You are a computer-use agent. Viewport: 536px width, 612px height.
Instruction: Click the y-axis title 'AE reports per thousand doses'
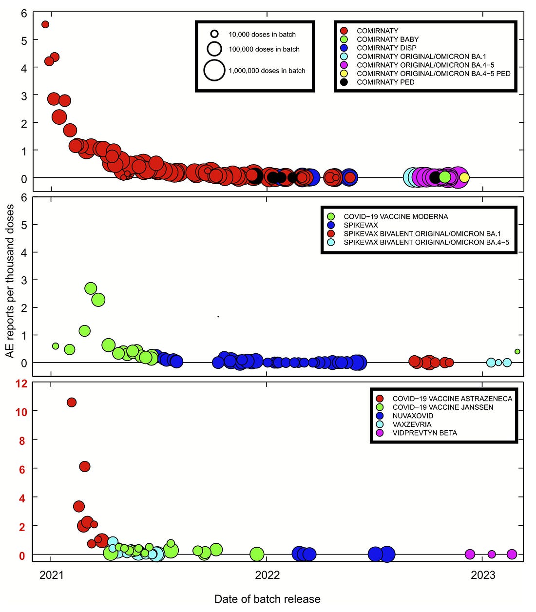(x=10, y=281)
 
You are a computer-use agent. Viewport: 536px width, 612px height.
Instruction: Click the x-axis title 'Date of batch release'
(x=267, y=599)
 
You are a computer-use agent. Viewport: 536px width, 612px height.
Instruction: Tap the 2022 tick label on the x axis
(x=267, y=575)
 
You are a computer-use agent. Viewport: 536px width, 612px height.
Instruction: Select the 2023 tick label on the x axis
(x=483, y=575)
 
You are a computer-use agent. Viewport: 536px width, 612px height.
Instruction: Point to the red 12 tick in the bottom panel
(x=21, y=383)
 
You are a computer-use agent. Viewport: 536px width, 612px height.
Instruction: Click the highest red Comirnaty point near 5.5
(x=45, y=24)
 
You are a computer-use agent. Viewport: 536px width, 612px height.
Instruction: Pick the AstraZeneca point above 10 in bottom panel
(x=72, y=402)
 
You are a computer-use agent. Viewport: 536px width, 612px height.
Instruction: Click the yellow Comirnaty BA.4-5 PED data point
(x=464, y=177)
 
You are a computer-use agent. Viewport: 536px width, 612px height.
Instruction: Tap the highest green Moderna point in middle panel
(x=91, y=288)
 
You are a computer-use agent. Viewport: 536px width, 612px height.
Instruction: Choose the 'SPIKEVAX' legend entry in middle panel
(x=361, y=225)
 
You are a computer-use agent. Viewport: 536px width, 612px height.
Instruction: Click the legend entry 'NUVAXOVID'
(x=412, y=416)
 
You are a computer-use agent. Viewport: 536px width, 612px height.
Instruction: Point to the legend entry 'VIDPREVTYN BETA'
(x=424, y=433)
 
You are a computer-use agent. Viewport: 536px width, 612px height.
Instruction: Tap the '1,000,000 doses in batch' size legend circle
(x=214, y=70)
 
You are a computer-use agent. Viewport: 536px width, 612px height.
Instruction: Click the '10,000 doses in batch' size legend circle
(x=214, y=34)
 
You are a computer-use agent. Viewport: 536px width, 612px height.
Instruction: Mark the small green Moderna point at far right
(x=517, y=351)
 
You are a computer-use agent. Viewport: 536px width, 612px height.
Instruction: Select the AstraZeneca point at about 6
(x=85, y=466)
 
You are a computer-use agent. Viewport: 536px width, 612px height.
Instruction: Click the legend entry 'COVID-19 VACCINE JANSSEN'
(x=442, y=407)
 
